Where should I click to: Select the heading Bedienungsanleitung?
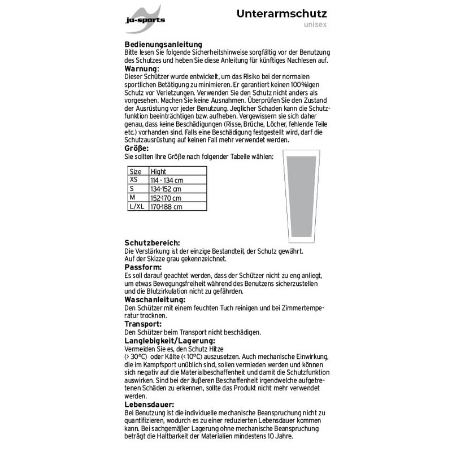(164, 44)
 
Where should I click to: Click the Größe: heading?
(137, 147)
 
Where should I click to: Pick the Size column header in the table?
(136, 171)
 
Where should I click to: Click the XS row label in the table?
(133, 179)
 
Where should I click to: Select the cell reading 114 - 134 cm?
(166, 180)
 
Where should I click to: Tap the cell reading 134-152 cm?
(166, 189)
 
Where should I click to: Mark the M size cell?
(132, 198)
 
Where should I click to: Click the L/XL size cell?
(136, 207)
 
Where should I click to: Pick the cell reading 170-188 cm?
(166, 207)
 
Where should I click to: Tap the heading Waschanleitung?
(155, 299)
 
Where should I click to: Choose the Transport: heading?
(143, 324)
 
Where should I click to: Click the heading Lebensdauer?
(149, 405)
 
